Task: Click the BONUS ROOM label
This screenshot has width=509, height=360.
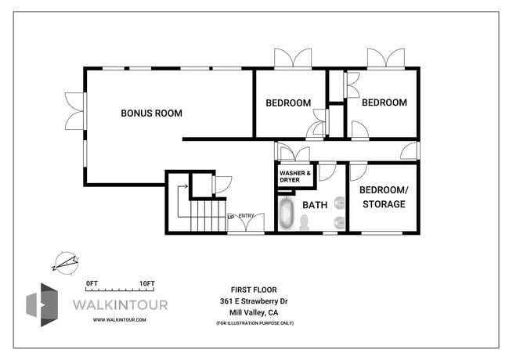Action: (x=151, y=113)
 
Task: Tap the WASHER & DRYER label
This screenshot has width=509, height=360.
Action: (x=295, y=177)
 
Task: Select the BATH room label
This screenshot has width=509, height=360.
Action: (x=315, y=206)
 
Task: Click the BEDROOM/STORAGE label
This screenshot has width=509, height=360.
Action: (x=382, y=197)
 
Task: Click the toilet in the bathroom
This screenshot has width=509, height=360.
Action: (x=304, y=221)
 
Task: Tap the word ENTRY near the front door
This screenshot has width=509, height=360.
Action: (x=246, y=217)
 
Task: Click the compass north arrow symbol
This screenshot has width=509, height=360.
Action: (x=65, y=261)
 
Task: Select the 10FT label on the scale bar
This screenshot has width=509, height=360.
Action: (x=147, y=283)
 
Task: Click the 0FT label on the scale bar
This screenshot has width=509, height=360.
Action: (x=92, y=283)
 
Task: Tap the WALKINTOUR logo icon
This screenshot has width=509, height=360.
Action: (x=44, y=304)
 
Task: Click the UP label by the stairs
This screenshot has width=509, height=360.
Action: (x=231, y=217)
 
